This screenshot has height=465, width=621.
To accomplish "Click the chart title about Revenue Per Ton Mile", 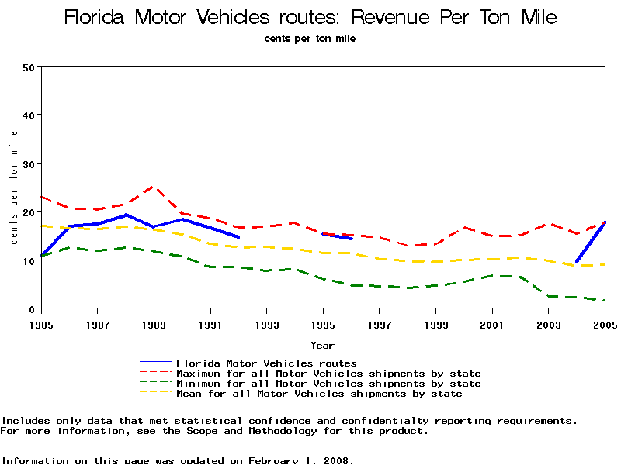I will point(310,18).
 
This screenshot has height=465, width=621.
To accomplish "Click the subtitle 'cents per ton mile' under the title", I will point(310,38).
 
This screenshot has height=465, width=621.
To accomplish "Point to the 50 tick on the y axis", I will point(29,67).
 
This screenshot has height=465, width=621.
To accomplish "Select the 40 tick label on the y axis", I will point(29,115).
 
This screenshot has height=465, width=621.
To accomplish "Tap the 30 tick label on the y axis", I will point(29,164).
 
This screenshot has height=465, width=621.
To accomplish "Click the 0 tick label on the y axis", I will point(32,309).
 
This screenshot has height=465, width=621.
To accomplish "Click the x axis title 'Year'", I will point(323,345).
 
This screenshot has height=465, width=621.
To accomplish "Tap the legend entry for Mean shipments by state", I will point(319,394).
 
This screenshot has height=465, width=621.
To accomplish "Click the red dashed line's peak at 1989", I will point(154,187).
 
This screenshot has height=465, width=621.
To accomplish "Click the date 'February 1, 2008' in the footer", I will point(300,460).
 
